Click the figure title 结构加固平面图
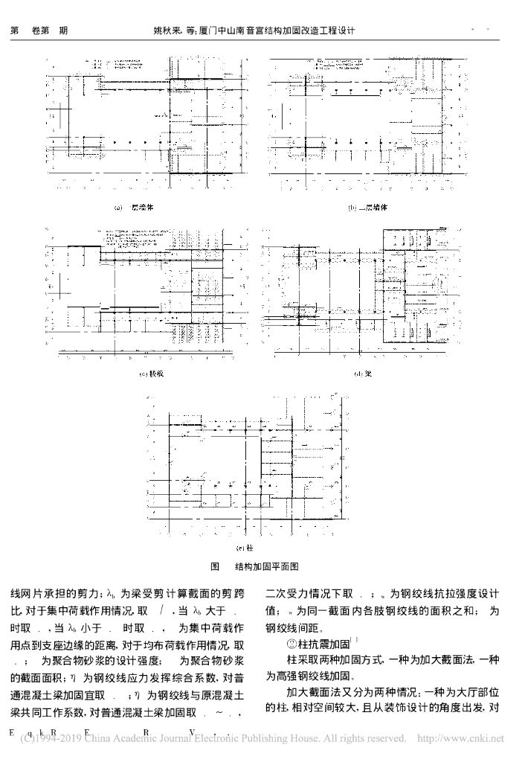coord(266,566)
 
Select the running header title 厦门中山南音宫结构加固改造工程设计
coord(283,32)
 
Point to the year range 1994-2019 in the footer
coord(48,739)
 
